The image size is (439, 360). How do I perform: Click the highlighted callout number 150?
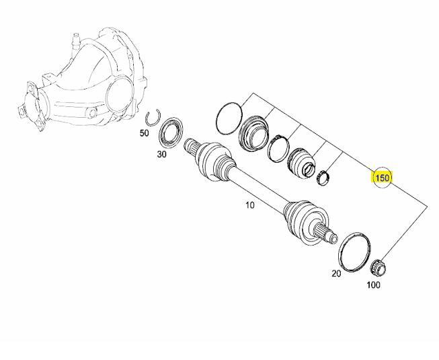coord(382,178)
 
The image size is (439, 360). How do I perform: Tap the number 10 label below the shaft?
coord(249,205)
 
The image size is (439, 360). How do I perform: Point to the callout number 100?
coord(373,285)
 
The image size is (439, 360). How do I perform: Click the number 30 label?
coord(162,154)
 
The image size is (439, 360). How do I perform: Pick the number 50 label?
coord(144,133)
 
